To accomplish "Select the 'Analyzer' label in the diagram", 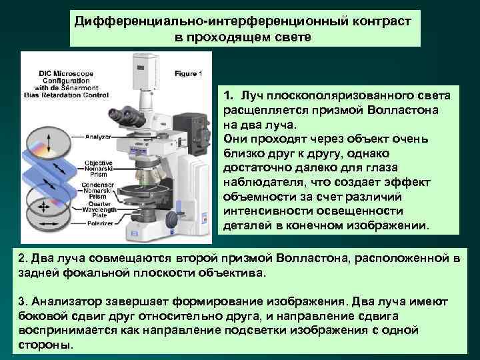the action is [x=98, y=137].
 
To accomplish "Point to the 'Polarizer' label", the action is [x=99, y=223].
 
